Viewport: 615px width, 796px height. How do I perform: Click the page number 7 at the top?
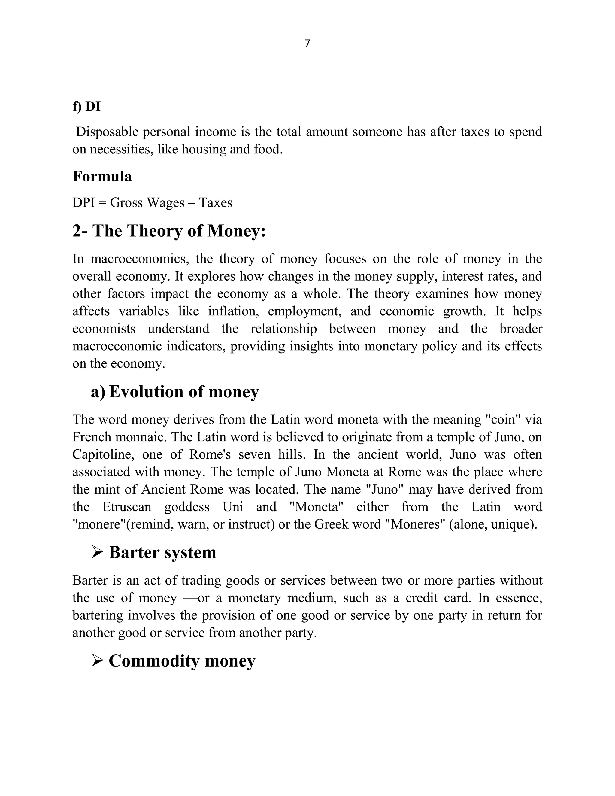coord(307,43)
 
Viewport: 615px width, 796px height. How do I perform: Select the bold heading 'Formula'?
coord(102,176)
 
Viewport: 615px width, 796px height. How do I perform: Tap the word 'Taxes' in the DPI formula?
coord(215,203)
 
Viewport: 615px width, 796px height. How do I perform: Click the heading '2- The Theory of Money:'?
coord(169,231)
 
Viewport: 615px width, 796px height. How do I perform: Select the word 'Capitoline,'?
coord(101,454)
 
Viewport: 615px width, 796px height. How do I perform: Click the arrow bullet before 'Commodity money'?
coord(97,660)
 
